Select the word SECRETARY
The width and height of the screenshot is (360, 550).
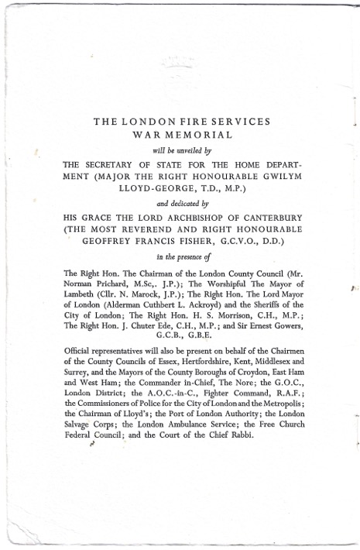coord(118,165)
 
